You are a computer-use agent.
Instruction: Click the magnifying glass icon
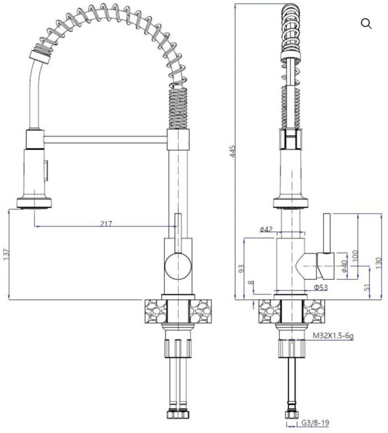click(x=366, y=23)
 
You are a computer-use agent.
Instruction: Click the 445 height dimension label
click(x=233, y=152)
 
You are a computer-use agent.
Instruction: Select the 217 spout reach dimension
click(x=106, y=224)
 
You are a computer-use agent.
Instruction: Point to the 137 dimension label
click(x=6, y=254)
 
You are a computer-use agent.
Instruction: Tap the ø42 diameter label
click(x=266, y=229)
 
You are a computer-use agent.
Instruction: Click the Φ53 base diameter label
click(x=321, y=288)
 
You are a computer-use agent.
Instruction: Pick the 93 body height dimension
click(x=241, y=269)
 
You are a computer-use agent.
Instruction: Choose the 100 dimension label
click(x=356, y=256)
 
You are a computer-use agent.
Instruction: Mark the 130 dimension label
click(x=378, y=263)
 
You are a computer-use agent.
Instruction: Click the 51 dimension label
click(x=367, y=287)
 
